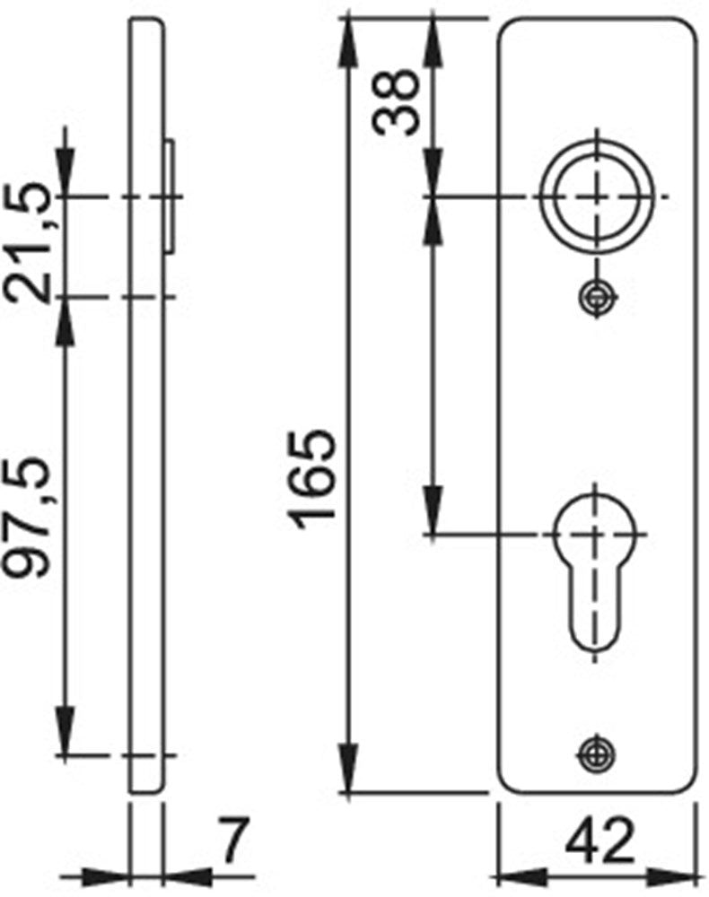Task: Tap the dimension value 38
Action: tap(395, 101)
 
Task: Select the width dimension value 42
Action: tap(600, 840)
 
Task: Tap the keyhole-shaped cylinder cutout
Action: tap(596, 572)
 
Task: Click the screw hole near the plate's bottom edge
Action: tap(596, 753)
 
